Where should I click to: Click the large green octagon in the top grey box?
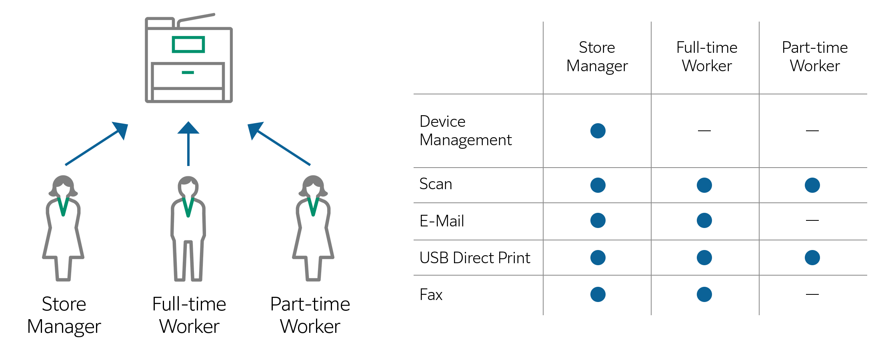[188, 45]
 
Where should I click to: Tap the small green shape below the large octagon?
[188, 74]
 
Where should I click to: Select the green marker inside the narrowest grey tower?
[188, 212]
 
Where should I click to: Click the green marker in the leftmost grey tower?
[63, 212]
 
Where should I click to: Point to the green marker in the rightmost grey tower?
[313, 212]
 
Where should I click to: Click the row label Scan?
[436, 184]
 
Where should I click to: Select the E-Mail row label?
[442, 221]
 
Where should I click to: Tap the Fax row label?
[431, 295]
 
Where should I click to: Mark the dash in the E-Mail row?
[812, 220]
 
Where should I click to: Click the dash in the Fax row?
[812, 294]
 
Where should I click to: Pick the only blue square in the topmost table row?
[598, 130]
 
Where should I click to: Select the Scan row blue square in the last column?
[812, 185]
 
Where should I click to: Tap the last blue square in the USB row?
[812, 257]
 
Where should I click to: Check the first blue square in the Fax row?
[598, 294]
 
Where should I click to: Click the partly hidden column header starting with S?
[598, 57]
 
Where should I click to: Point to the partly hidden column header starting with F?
[815, 56]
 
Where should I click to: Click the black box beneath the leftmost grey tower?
[65, 316]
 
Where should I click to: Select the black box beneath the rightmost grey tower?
[310, 315]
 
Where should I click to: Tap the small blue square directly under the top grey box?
[188, 131]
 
